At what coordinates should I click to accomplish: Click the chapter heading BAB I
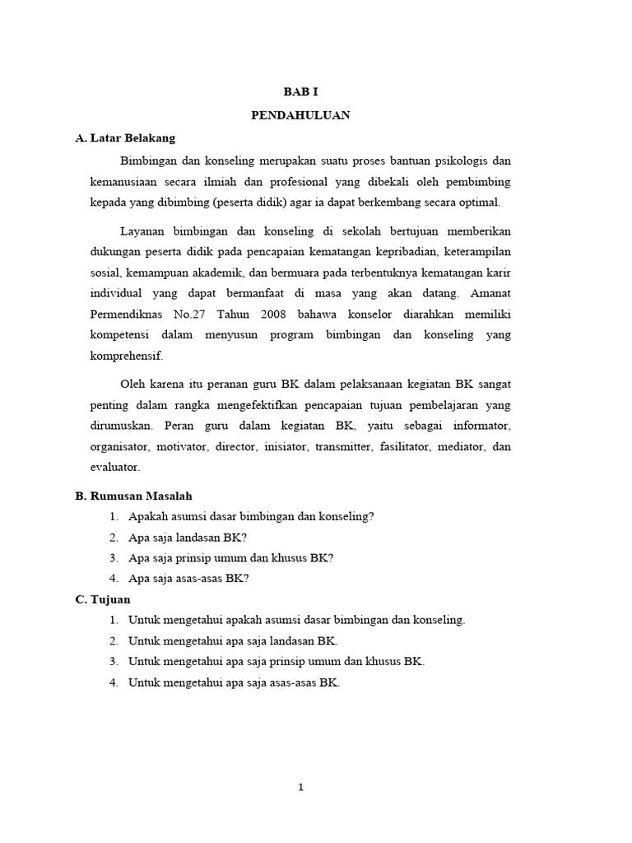pyautogui.click(x=300, y=94)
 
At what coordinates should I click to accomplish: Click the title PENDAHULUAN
pyautogui.click(x=300, y=115)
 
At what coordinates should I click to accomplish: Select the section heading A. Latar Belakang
pyautogui.click(x=125, y=137)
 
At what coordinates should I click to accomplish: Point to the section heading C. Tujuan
pyautogui.click(x=103, y=599)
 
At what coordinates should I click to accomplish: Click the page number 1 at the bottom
pyautogui.click(x=301, y=787)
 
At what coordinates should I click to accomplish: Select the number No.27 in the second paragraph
pyautogui.click(x=197, y=314)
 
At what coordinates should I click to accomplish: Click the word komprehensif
pyautogui.click(x=127, y=356)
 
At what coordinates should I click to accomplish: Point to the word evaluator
pyautogui.click(x=115, y=467)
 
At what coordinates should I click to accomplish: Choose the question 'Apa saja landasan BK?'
pyautogui.click(x=188, y=537)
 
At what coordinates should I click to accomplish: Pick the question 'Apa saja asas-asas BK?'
pyautogui.click(x=188, y=578)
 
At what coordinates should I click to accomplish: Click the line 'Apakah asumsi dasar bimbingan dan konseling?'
pyautogui.click(x=251, y=516)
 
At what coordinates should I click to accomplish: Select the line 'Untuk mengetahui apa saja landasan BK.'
pyautogui.click(x=234, y=640)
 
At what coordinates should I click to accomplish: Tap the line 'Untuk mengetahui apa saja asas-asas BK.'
pyautogui.click(x=235, y=682)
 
